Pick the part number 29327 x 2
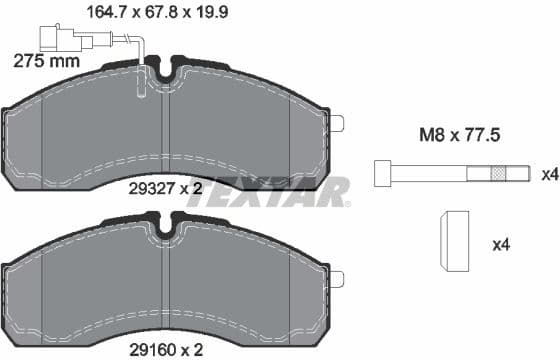pos(165,186)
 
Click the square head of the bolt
pos(381,173)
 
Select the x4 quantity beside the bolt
pos(548,174)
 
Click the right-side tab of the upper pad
pos(337,123)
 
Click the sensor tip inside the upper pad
pos(141,90)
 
